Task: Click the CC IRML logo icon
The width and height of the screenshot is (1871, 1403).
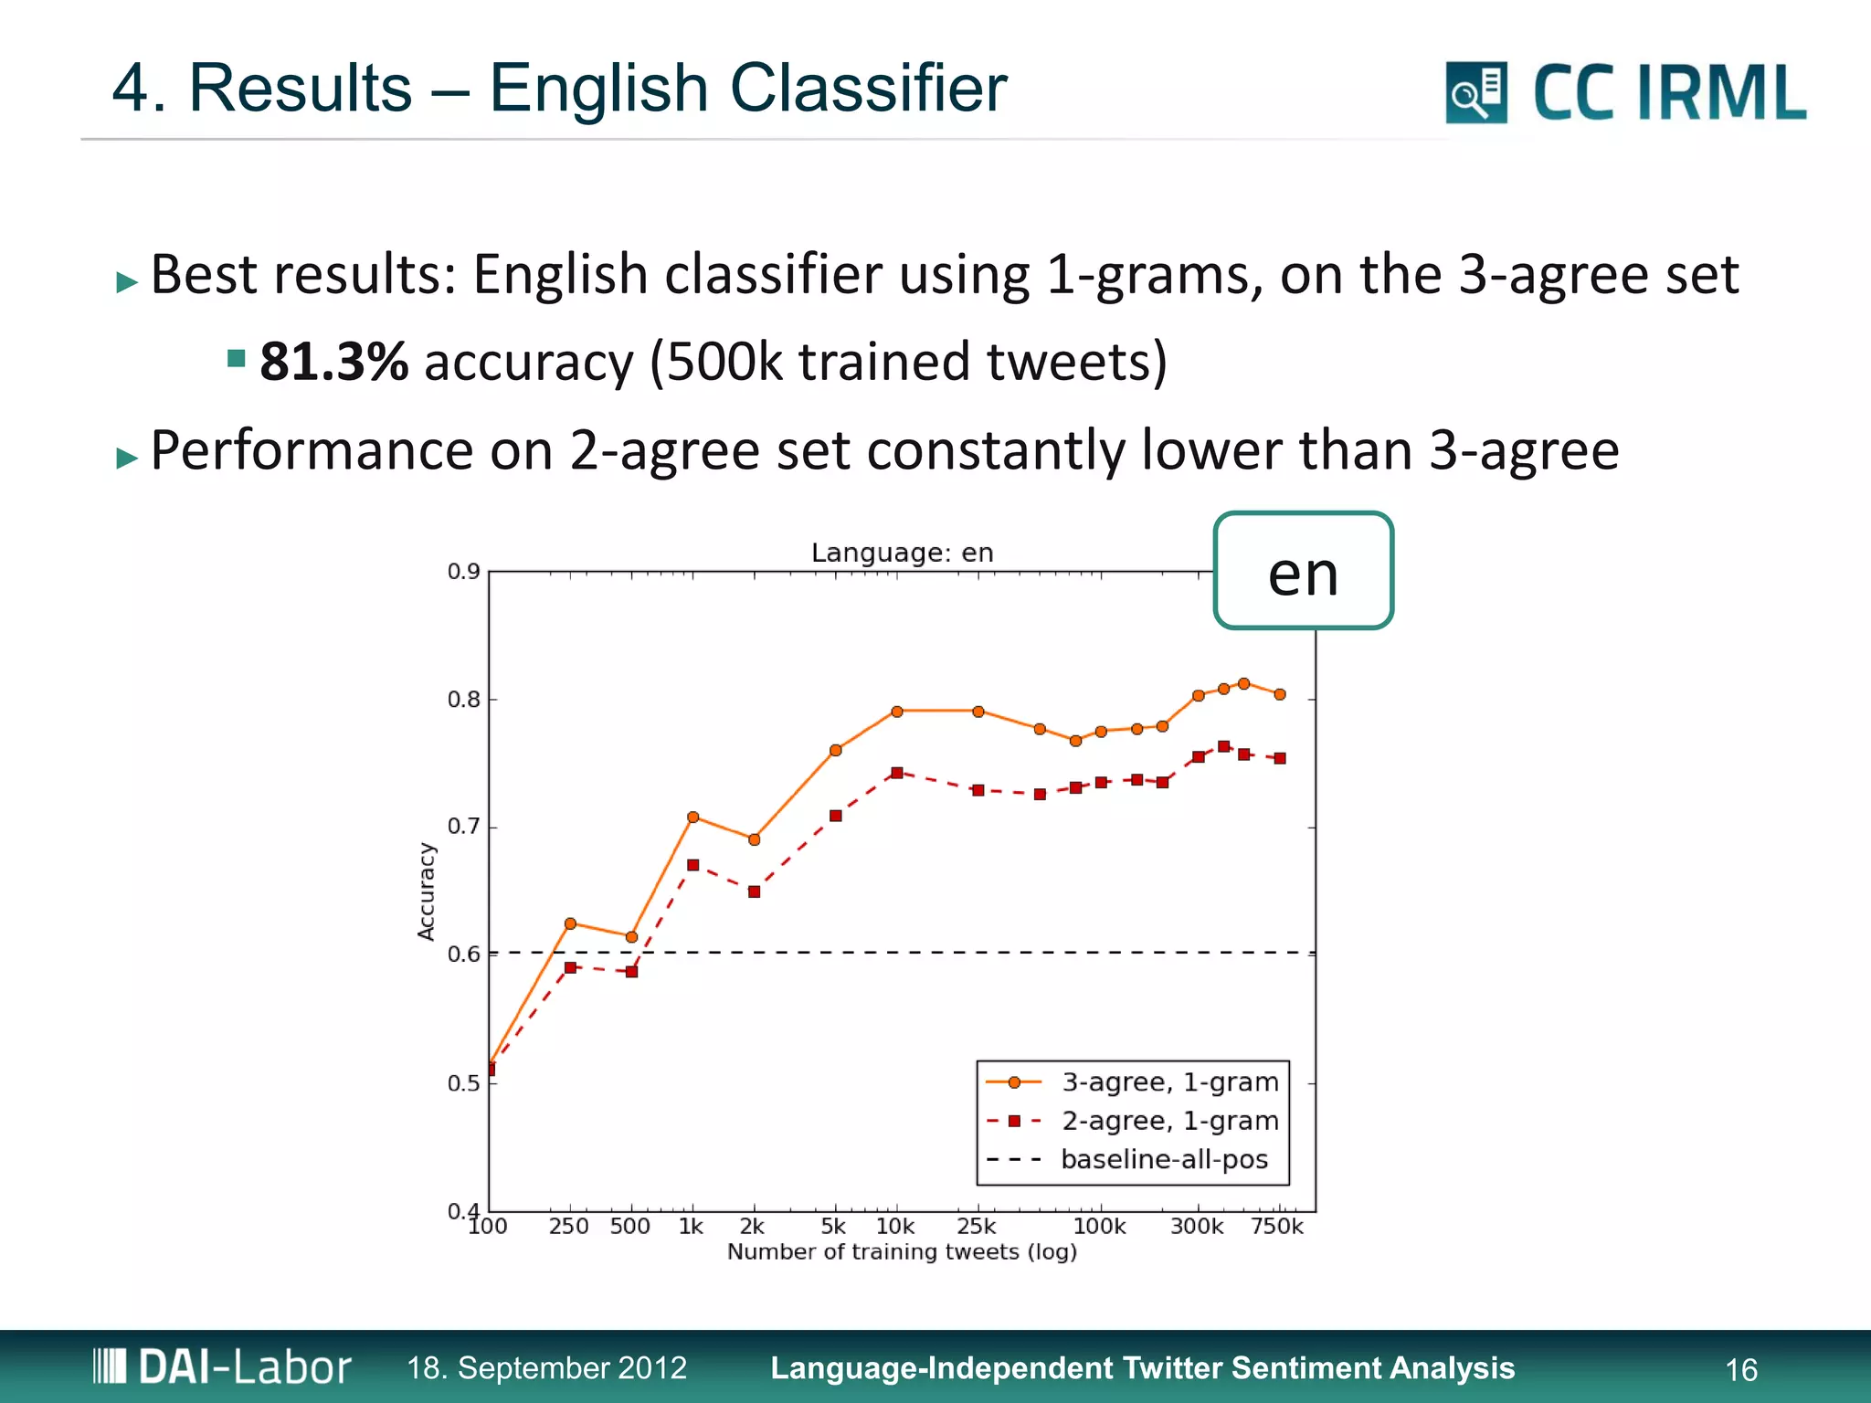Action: click(x=1475, y=92)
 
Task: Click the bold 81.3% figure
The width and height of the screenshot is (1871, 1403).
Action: click(x=333, y=362)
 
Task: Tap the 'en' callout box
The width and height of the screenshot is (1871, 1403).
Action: click(x=1303, y=572)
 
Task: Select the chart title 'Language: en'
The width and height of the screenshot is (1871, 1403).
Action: click(x=902, y=553)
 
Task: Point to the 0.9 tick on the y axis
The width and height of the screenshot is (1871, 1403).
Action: click(x=464, y=572)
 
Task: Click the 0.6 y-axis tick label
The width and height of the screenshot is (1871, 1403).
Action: click(x=464, y=955)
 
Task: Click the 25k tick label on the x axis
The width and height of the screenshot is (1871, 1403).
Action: click(x=976, y=1227)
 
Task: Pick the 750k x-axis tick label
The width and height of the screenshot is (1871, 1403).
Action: click(x=1276, y=1227)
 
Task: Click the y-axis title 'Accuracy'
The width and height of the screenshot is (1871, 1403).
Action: click(x=426, y=891)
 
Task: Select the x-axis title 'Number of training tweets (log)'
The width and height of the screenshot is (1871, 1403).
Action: click(x=902, y=1251)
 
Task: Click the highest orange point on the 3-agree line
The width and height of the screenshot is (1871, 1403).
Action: click(x=1243, y=683)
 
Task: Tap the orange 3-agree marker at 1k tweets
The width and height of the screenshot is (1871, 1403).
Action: click(x=692, y=817)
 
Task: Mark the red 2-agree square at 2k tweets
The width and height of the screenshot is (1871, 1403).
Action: click(x=754, y=891)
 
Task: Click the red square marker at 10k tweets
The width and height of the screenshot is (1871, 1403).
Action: click(x=897, y=773)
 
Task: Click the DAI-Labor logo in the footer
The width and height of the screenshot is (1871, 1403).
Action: click(x=222, y=1366)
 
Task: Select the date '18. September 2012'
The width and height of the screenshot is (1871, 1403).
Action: click(x=546, y=1367)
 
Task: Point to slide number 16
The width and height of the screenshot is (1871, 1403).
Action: click(x=1740, y=1369)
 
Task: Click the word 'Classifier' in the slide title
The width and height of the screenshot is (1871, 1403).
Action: click(x=868, y=89)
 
